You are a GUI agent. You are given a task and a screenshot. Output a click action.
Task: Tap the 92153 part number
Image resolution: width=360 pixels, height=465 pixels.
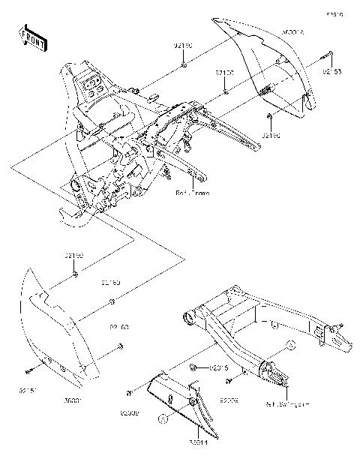(x=332, y=73)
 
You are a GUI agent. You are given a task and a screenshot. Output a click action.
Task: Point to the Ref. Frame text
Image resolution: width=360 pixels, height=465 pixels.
(x=192, y=192)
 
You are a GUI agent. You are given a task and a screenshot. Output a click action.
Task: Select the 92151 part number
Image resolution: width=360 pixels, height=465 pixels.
(x=26, y=391)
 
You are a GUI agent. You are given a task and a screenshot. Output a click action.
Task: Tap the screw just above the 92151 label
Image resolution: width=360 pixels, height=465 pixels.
(x=27, y=370)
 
